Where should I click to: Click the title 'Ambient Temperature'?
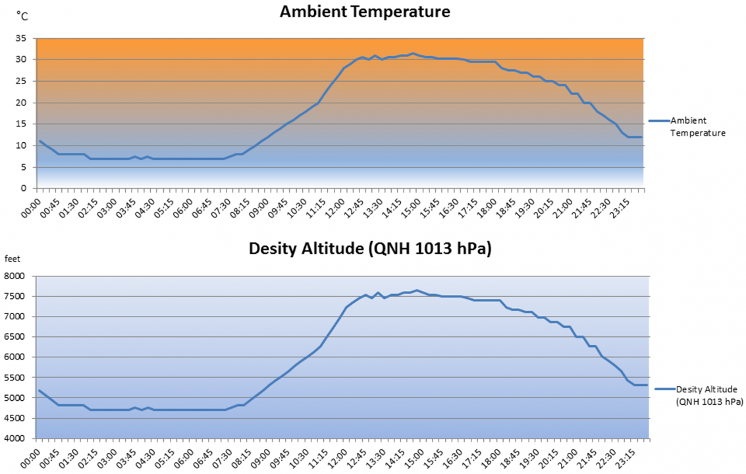[x=365, y=12]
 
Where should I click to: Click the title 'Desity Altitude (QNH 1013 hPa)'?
[x=370, y=249]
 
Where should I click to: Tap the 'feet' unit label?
[x=14, y=259]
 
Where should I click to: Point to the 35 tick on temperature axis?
[x=21, y=38]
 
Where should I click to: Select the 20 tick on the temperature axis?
[x=21, y=103]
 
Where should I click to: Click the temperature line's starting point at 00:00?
[x=40, y=141]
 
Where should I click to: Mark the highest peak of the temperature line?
[x=413, y=53]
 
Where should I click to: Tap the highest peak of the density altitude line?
[x=416, y=290]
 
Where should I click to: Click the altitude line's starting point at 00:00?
[x=40, y=390]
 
